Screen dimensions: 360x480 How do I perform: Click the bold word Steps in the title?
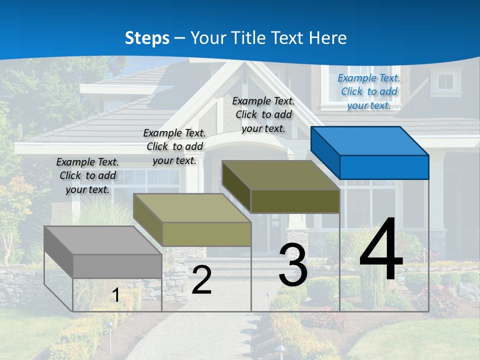(x=147, y=38)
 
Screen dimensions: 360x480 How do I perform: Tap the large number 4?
(x=381, y=250)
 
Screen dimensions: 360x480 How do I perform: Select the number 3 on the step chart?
(x=293, y=265)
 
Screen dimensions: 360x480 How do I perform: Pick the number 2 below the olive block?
(x=201, y=280)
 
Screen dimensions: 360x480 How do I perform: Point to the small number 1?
(x=115, y=295)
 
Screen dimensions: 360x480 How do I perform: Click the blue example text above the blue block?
(x=369, y=91)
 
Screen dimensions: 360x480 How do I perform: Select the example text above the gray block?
(x=87, y=175)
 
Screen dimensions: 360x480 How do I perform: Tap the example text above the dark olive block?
(x=263, y=114)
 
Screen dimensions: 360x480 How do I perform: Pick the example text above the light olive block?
(x=174, y=146)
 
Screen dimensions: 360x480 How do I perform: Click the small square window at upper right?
(x=445, y=81)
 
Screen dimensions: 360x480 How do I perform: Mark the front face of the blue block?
(x=384, y=167)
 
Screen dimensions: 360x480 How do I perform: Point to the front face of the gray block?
(x=117, y=266)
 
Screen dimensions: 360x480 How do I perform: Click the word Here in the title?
(x=328, y=38)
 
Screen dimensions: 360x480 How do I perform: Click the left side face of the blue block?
(x=325, y=152)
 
